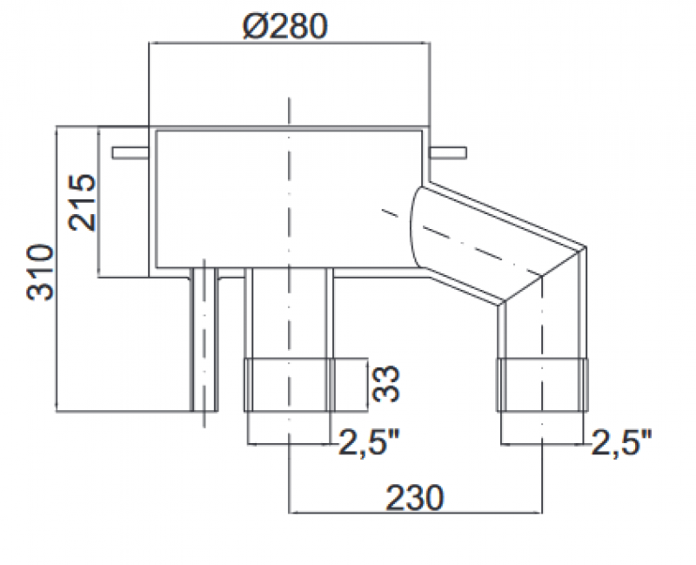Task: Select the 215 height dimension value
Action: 84,202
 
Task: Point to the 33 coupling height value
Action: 389,384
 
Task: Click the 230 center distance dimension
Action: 416,497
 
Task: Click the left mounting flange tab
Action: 130,153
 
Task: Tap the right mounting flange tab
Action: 448,153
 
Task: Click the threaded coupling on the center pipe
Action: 289,384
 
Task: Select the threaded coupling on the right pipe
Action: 544,384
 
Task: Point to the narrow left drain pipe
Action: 204,340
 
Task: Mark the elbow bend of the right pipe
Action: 544,279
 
